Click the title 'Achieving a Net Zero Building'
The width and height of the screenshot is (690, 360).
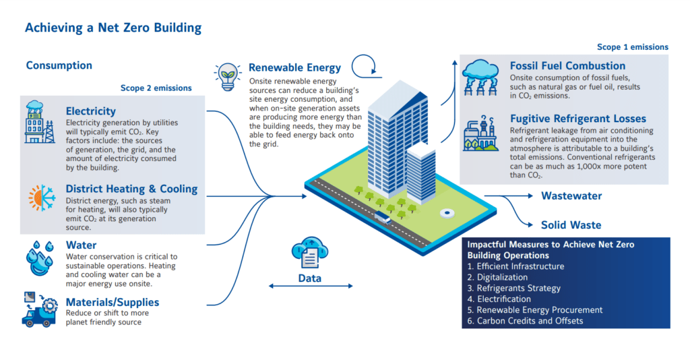click(113, 28)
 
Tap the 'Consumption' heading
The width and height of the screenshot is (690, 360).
click(59, 65)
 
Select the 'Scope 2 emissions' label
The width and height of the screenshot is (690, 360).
click(156, 88)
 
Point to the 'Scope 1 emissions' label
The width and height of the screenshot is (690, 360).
click(633, 47)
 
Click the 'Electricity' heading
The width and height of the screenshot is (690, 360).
click(91, 111)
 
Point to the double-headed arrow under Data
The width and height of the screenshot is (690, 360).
click(310, 286)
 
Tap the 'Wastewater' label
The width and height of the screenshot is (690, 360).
click(571, 196)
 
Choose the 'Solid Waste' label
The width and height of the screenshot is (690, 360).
click(571, 225)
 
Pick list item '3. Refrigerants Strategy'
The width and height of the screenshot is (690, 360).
click(514, 288)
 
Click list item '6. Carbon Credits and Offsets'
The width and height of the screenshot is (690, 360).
click(526, 321)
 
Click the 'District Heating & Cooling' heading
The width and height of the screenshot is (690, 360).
click(131, 189)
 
